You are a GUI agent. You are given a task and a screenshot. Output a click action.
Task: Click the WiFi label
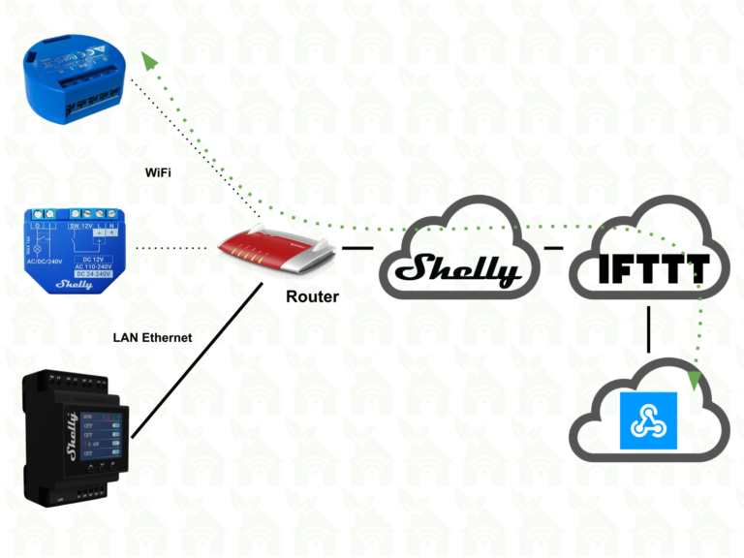[160, 173]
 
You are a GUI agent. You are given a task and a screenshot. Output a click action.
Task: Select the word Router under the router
[312, 296]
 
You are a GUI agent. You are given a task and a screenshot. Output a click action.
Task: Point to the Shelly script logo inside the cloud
[463, 268]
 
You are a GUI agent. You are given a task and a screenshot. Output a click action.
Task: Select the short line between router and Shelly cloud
[357, 249]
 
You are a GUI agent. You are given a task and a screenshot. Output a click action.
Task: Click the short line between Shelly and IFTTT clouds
[553, 249]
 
